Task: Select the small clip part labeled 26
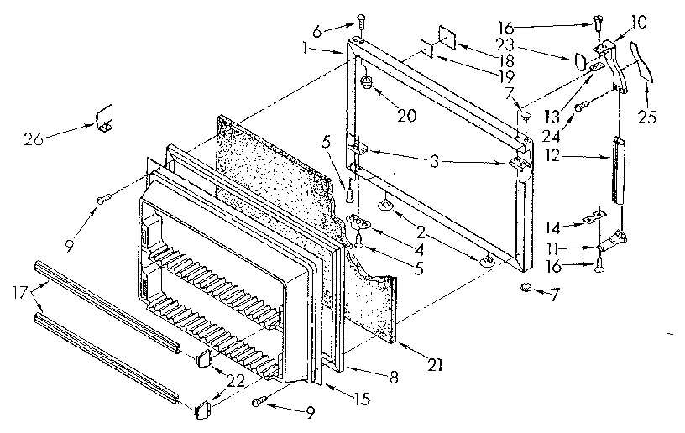coord(104,118)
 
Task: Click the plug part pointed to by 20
coord(368,85)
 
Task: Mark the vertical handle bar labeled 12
coord(620,170)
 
